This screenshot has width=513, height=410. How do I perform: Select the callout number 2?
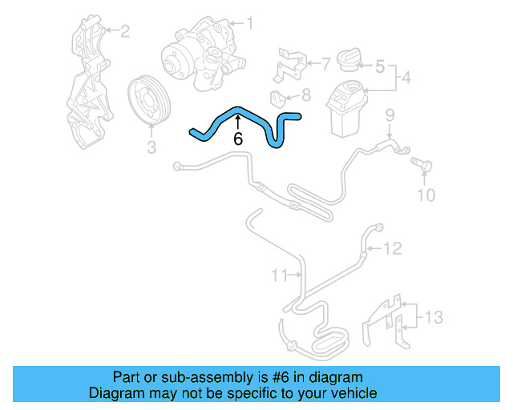[x=124, y=31]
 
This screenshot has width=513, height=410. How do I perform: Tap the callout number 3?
[x=151, y=147]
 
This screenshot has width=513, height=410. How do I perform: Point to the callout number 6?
[x=238, y=139]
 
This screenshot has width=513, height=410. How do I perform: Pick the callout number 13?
[x=433, y=318]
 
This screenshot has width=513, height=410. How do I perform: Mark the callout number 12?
[x=392, y=249]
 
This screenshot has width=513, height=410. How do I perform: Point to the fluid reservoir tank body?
[x=345, y=112]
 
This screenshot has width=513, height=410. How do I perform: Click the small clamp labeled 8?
[x=278, y=99]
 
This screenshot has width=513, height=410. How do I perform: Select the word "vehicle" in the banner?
[x=353, y=393]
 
